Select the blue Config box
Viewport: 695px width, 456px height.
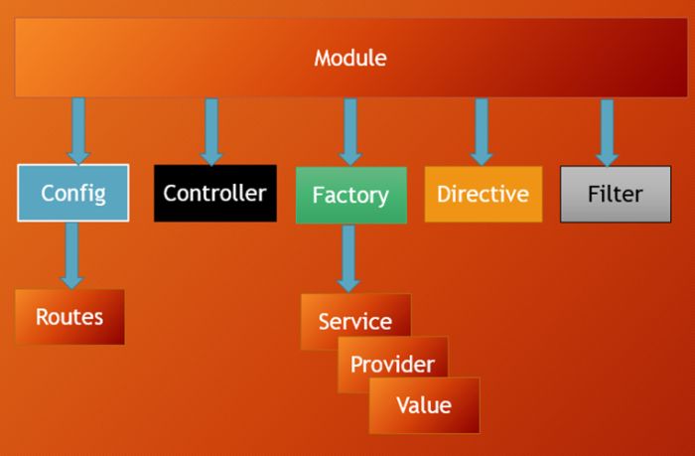point(72,193)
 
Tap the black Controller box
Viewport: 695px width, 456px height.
point(214,193)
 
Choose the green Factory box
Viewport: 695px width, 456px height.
point(350,195)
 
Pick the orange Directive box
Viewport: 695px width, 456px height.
point(483,193)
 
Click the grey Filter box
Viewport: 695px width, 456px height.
point(615,193)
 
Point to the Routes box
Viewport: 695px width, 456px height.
point(69,317)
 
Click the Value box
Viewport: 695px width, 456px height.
point(424,405)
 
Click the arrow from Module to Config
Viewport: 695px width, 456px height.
point(78,129)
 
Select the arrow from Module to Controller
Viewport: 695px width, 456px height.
point(210,129)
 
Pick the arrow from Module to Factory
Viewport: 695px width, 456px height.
point(349,129)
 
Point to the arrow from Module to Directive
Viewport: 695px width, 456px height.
point(482,129)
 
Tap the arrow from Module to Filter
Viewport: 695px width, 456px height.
point(607,129)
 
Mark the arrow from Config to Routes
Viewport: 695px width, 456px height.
point(70,254)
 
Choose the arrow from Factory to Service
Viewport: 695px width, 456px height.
point(347,257)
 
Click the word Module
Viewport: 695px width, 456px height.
point(349,58)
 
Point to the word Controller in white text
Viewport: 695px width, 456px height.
point(214,193)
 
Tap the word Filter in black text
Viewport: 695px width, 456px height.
point(615,193)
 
